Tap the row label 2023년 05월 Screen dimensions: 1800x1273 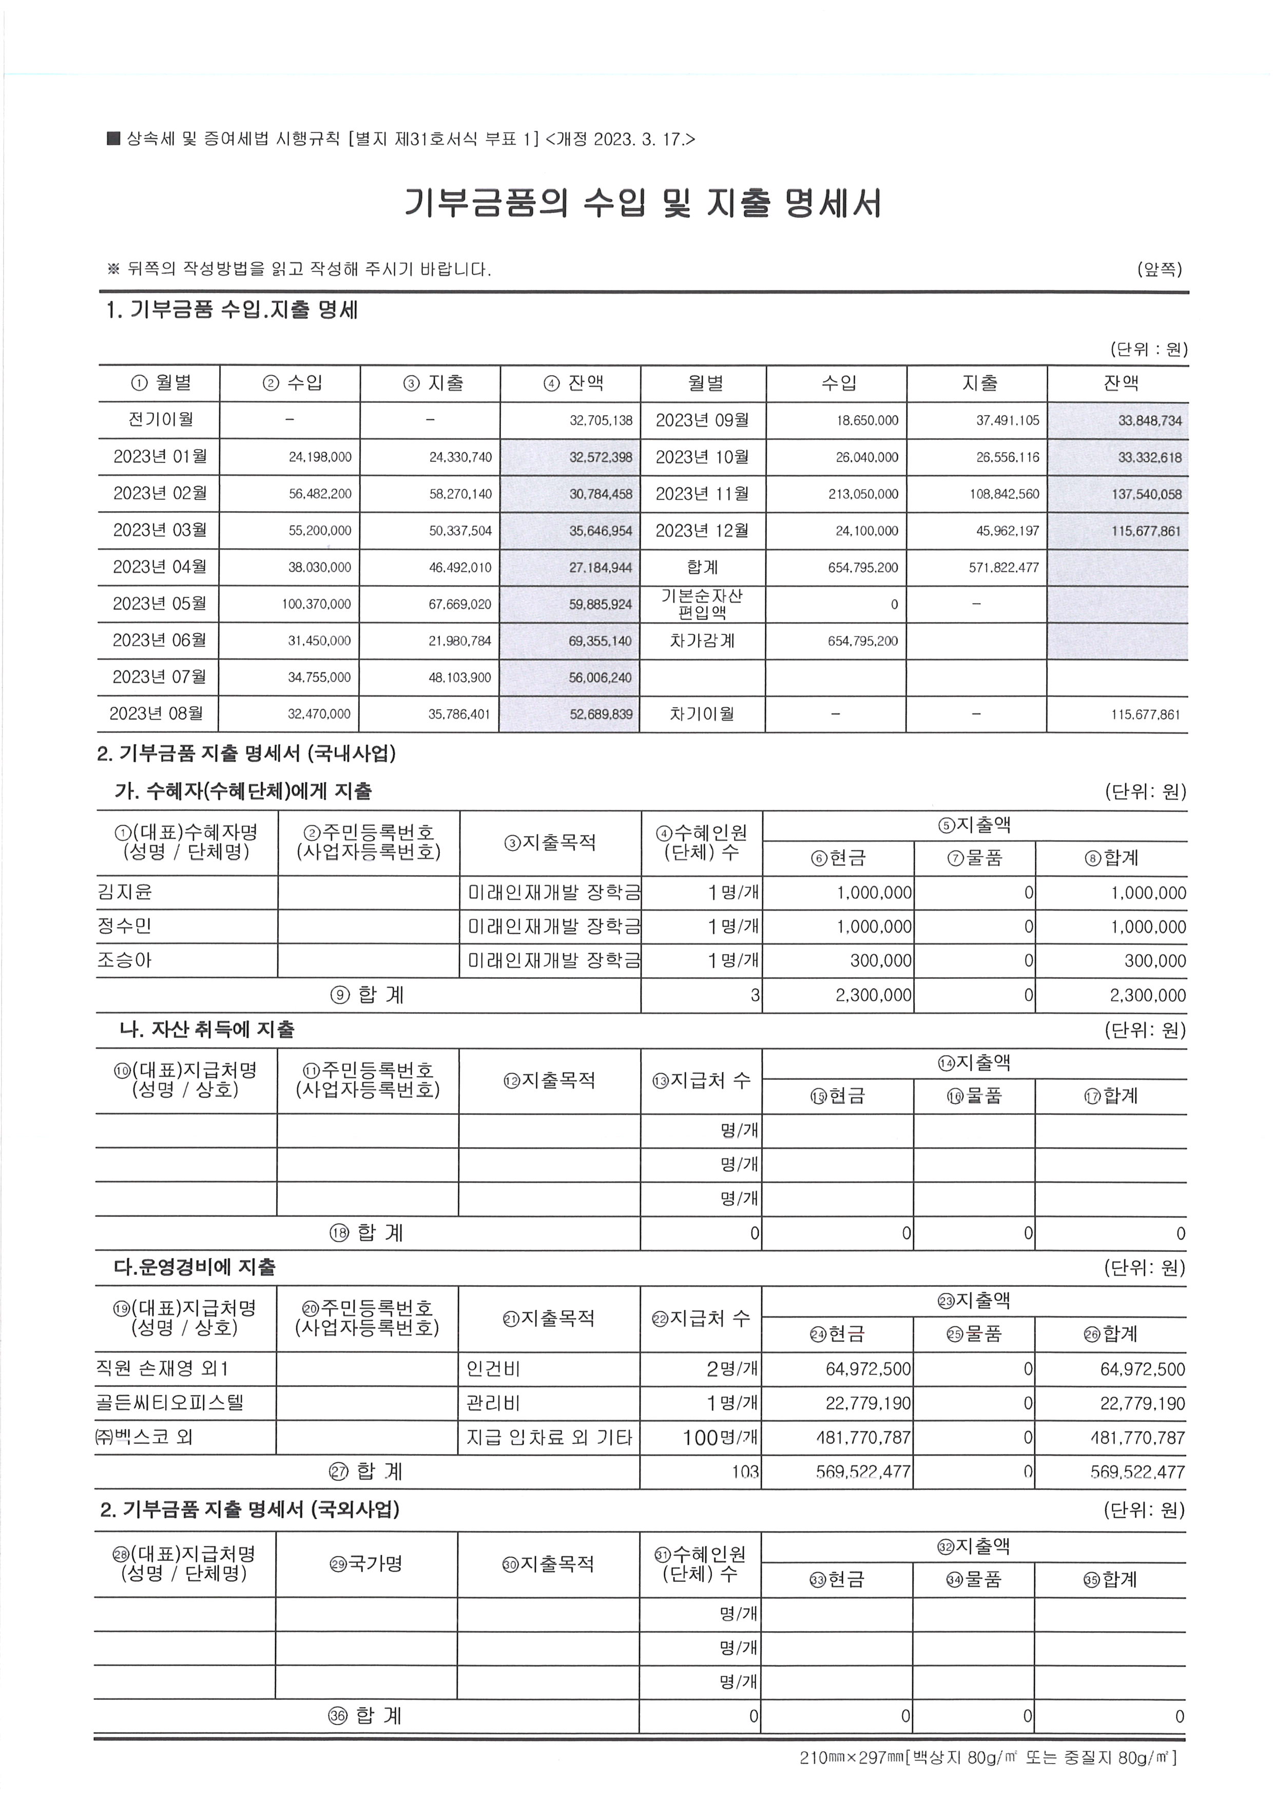[x=160, y=604]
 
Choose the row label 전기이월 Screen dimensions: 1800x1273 [x=160, y=419]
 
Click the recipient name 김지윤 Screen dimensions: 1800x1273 [x=125, y=892]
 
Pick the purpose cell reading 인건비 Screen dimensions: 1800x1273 [x=493, y=1369]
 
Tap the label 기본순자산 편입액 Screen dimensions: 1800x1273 [x=702, y=604]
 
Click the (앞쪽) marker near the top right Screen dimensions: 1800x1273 [x=1160, y=269]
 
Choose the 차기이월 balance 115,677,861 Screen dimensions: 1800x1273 [x=1145, y=714]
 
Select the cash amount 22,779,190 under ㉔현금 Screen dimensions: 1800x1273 [x=869, y=1403]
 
